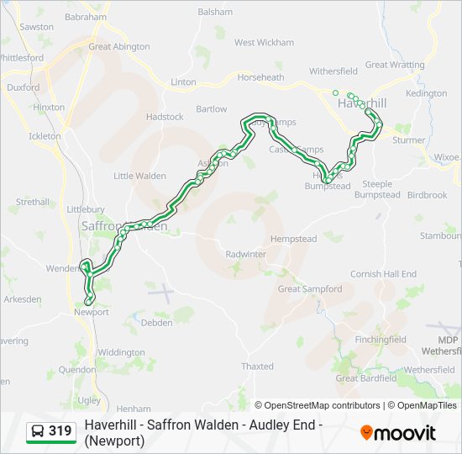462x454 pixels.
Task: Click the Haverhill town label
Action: tap(361, 103)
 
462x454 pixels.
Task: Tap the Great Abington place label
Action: tap(118, 47)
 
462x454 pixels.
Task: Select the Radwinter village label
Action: tap(245, 254)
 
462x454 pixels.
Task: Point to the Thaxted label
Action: tap(257, 367)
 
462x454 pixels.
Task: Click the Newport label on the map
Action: tap(92, 312)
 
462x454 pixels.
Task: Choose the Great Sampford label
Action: tap(310, 289)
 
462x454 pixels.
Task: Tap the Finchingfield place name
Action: tap(381, 340)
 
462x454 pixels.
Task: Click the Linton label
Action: tap(183, 82)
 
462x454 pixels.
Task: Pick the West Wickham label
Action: tap(264, 43)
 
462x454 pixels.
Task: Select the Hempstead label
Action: tap(293, 239)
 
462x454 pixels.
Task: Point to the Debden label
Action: tap(156, 323)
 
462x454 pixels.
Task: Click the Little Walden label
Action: tap(140, 176)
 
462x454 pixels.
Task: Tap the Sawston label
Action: tap(36, 27)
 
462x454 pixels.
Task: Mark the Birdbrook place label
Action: tap(427, 195)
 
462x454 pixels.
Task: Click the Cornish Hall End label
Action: tap(383, 274)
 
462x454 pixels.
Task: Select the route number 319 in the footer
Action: tap(60, 431)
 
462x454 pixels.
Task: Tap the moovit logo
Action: tap(398, 433)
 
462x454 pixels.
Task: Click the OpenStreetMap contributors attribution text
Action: tap(318, 405)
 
